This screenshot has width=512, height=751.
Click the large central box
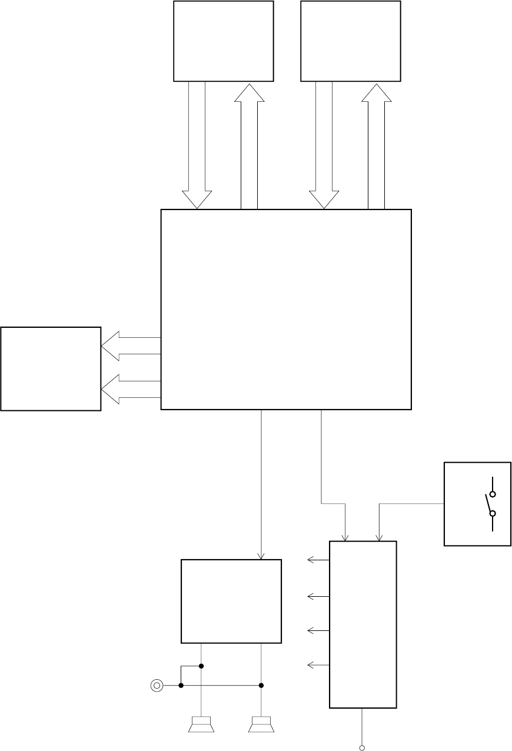pyautogui.click(x=285, y=309)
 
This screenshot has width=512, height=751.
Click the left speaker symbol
pyautogui.click(x=201, y=725)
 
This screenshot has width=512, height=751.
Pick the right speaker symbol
pyautogui.click(x=261, y=725)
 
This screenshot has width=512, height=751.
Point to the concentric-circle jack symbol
pyautogui.click(x=157, y=685)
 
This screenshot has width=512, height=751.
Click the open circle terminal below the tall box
pyautogui.click(x=362, y=747)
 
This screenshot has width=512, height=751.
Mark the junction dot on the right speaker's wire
pyautogui.click(x=261, y=685)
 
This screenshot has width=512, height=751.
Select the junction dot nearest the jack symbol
pyautogui.click(x=181, y=685)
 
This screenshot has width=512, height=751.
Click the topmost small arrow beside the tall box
pyautogui.click(x=317, y=561)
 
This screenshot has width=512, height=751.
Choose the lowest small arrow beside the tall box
pyautogui.click(x=317, y=665)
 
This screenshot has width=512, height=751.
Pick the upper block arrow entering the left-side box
pyautogui.click(x=131, y=345)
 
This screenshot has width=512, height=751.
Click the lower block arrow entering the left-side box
pyautogui.click(x=131, y=389)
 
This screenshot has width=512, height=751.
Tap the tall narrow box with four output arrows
pyautogui.click(x=363, y=624)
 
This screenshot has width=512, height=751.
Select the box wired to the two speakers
pyautogui.click(x=231, y=601)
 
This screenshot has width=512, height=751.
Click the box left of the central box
pyautogui.click(x=51, y=368)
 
